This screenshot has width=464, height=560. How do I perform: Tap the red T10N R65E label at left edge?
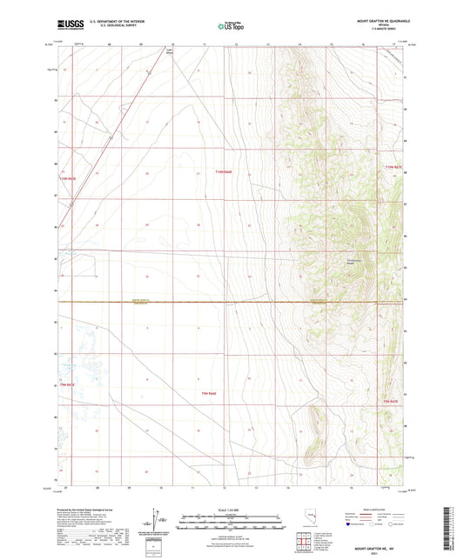tap(69, 177)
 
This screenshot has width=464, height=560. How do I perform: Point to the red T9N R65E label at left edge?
tap(68, 396)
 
